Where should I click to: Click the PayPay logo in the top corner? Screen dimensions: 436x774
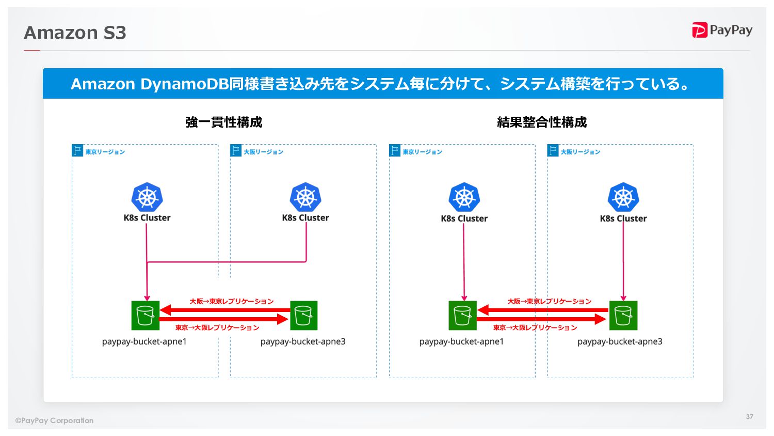tap(722, 30)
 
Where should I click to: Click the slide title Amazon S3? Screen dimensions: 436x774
tap(75, 33)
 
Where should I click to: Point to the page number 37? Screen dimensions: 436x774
tap(749, 416)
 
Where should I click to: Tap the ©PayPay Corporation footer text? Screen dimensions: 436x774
tap(55, 421)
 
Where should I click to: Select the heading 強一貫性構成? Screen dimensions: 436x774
tap(224, 122)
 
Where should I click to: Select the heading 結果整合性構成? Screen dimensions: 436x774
tap(542, 122)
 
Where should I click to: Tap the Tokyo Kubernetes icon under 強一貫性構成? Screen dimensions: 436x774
tap(147, 197)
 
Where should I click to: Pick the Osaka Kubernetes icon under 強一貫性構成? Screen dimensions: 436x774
tap(305, 197)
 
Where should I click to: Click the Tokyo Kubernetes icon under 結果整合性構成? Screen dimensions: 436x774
tap(464, 197)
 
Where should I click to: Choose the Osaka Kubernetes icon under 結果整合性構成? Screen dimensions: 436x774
tap(623, 197)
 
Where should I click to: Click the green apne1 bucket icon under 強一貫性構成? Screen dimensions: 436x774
tap(146, 315)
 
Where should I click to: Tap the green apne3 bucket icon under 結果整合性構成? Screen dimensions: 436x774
tap(623, 315)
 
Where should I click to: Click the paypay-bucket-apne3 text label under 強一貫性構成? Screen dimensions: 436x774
tap(303, 341)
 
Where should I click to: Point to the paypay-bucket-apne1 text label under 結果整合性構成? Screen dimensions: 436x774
tap(461, 341)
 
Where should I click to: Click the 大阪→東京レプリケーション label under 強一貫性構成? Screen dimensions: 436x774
tap(232, 301)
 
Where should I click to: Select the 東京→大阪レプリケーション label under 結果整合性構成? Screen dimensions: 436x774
tap(535, 328)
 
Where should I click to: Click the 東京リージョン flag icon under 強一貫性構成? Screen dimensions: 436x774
tap(77, 150)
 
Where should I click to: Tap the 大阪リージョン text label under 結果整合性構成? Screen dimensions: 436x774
tap(580, 152)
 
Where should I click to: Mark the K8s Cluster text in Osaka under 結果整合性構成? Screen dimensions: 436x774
tap(623, 219)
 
